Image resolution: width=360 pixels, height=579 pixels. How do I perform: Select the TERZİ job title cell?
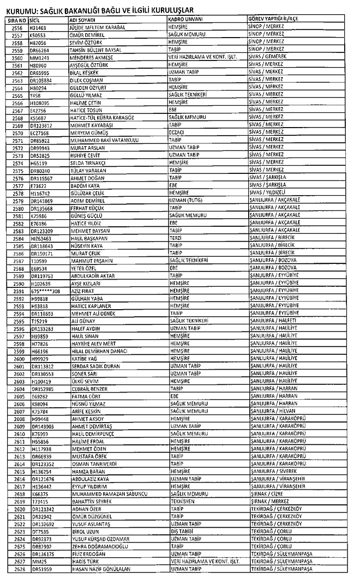pyautogui.click(x=176, y=238)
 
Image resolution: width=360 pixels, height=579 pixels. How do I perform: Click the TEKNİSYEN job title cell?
pyautogui.click(x=182, y=501)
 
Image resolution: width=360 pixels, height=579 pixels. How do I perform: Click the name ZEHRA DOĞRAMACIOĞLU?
pyautogui.click(x=105, y=546)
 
